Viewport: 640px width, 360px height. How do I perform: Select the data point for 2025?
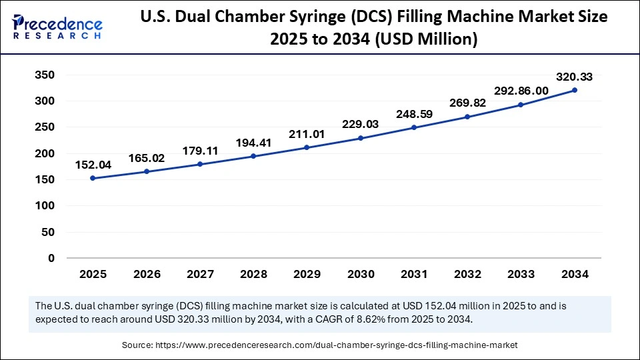93,178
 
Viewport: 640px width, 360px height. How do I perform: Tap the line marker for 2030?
361,138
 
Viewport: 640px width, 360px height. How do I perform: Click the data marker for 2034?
575,90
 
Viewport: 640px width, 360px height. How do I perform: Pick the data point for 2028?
253,156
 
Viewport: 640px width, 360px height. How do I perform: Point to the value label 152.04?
93,165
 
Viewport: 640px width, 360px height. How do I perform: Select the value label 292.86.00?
521,91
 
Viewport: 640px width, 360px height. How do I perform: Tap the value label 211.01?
307,134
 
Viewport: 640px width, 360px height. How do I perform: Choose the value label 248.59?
414,114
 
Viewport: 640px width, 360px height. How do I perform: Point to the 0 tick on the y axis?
51,258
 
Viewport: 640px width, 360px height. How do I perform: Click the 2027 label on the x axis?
199,274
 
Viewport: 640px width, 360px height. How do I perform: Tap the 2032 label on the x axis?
467,274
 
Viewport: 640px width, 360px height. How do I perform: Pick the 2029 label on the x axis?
307,274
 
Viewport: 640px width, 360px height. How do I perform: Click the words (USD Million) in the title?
423,40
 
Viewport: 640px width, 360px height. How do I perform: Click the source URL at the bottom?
337,345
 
